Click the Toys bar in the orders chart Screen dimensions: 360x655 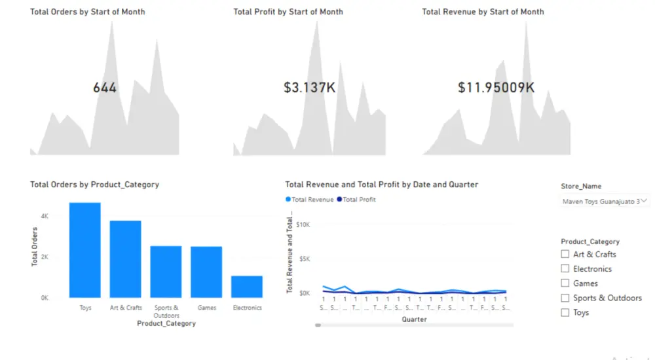tap(85, 250)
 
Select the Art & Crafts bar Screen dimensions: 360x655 tap(125, 259)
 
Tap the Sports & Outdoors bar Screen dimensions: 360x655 tap(166, 272)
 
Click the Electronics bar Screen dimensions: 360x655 tap(247, 287)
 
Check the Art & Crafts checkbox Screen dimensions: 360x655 tap(565, 254)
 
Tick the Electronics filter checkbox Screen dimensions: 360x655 tap(565, 268)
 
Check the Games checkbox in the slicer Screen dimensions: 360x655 tap(565, 283)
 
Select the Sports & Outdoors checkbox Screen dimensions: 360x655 tap(565, 298)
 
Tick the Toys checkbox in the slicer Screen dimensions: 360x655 tap(565, 312)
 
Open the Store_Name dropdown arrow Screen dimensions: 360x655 tap(645, 201)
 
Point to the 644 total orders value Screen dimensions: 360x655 tap(105, 87)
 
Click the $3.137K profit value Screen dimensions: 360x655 tap(310, 87)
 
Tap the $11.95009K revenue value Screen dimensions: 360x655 tap(496, 87)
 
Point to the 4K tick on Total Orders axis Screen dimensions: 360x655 tap(44, 215)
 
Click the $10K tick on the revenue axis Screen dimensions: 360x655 tap(303, 225)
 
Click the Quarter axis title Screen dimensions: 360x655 tap(414, 319)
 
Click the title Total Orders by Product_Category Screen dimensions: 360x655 tap(94, 185)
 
